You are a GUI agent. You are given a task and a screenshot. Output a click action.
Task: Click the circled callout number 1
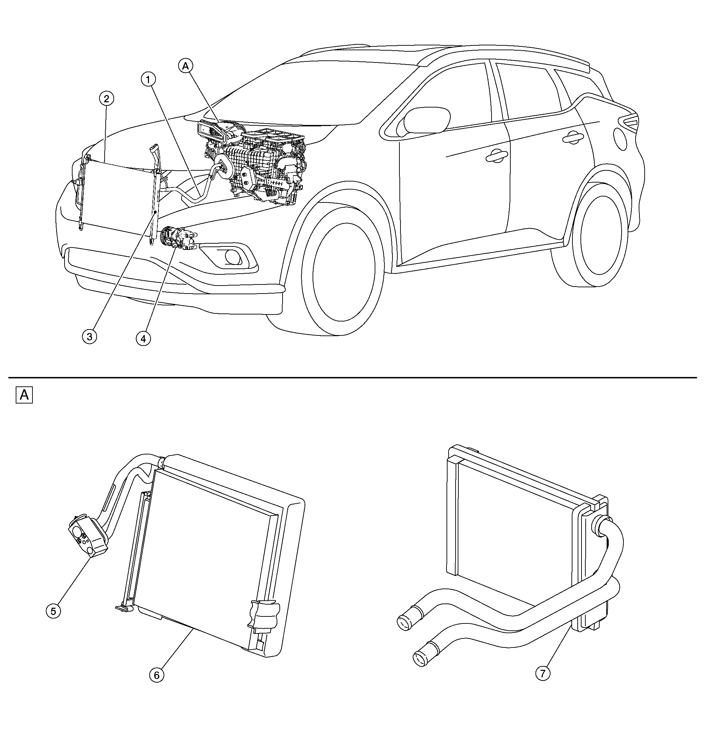coord(149,79)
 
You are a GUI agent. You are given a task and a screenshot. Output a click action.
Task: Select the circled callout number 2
coord(106,99)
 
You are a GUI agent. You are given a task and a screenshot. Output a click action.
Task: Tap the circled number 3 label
coord(90,336)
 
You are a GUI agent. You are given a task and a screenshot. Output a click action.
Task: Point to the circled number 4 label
coord(143,338)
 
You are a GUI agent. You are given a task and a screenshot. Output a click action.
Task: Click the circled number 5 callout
coord(53,611)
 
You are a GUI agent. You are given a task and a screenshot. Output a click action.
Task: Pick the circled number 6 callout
coord(156,675)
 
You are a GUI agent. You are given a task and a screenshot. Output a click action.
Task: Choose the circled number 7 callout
coord(542,673)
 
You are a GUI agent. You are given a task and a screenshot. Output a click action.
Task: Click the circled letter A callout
coord(185,66)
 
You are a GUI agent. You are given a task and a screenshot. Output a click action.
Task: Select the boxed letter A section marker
coord(24,395)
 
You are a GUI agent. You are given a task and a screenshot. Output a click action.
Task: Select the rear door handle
coord(573,139)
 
